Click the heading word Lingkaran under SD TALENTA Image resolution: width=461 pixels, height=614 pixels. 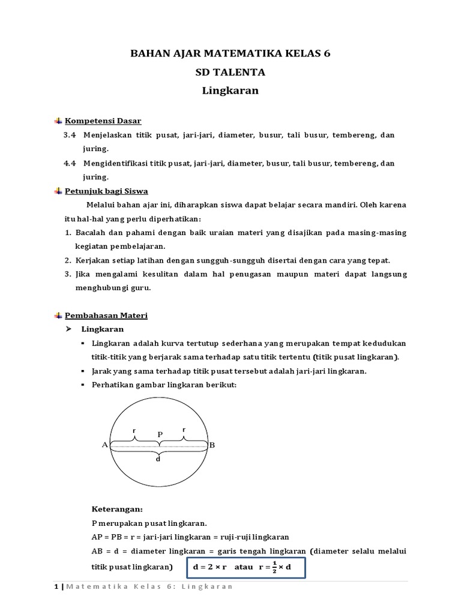(x=230, y=92)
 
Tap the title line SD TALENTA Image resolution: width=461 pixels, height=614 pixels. (x=230, y=73)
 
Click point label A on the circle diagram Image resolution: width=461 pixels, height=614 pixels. (x=104, y=445)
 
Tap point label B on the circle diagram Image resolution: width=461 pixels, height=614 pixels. (x=211, y=445)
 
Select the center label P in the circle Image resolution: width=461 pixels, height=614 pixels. (x=160, y=434)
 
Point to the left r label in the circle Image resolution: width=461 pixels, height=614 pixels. (x=134, y=430)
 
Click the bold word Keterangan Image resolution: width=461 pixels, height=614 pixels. (x=117, y=510)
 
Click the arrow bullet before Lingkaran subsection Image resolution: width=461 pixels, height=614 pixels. (x=68, y=329)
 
